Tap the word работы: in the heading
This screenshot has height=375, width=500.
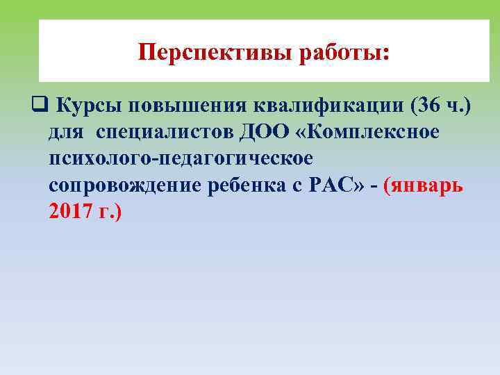[x=344, y=53]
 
